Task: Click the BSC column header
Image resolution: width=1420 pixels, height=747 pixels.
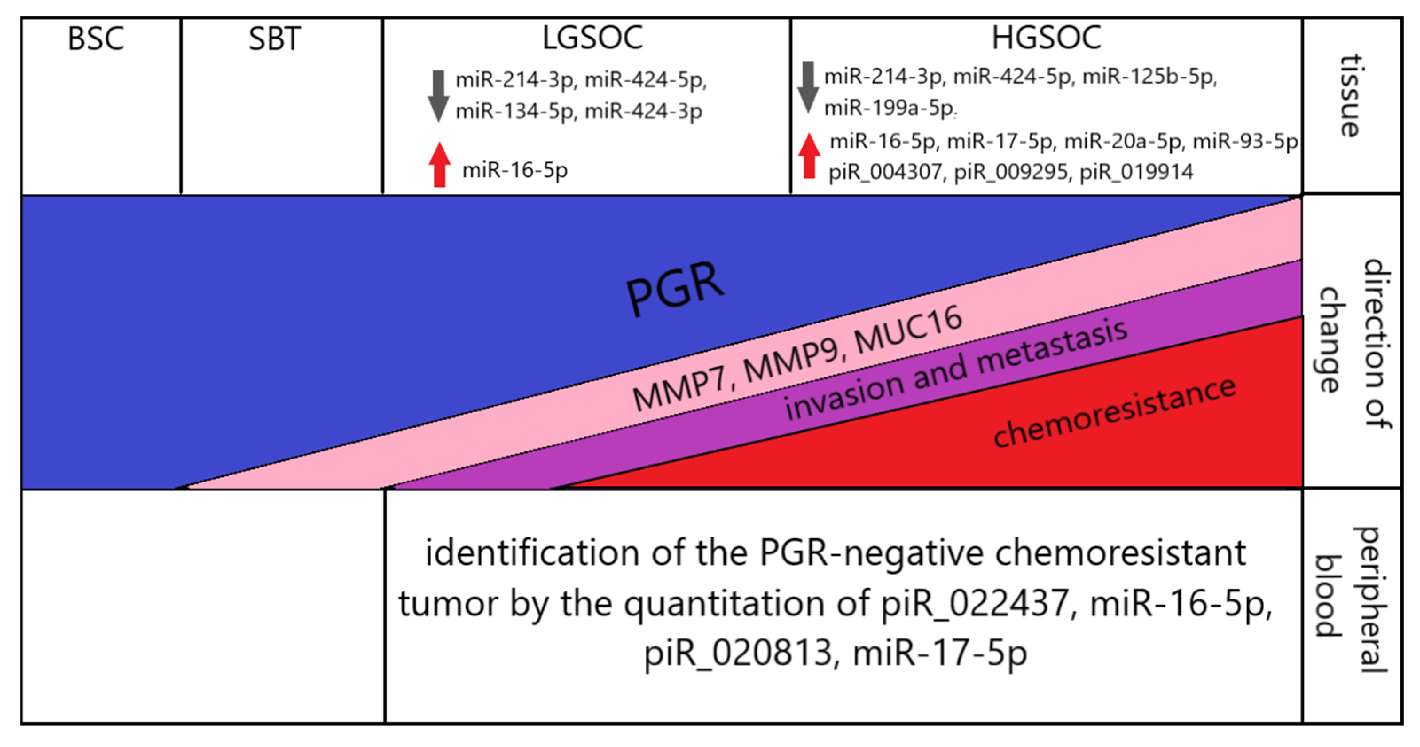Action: [x=96, y=39]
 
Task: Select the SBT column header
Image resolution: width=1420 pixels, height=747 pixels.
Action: [x=274, y=39]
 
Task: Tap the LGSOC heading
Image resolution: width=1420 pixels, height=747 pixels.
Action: [x=592, y=38]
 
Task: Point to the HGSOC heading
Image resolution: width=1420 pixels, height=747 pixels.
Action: [x=1046, y=38]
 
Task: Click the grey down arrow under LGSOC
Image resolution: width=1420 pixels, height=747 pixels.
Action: [x=438, y=95]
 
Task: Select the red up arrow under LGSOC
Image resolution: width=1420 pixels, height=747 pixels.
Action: [x=439, y=165]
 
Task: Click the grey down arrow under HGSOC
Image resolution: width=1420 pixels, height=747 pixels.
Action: [x=808, y=87]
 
